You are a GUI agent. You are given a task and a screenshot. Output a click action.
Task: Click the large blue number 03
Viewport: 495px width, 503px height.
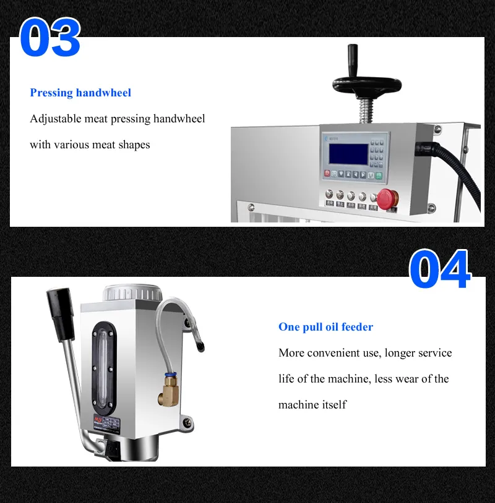pyautogui.click(x=49, y=38)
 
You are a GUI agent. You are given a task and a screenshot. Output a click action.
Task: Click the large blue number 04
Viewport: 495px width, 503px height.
pyautogui.click(x=440, y=270)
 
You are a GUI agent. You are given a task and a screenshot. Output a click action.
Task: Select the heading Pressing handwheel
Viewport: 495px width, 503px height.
pyautogui.click(x=80, y=93)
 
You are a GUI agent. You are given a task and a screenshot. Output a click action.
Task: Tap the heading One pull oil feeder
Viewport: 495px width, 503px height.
pyautogui.click(x=325, y=327)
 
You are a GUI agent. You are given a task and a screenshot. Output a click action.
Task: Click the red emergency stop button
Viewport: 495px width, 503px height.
pyautogui.click(x=387, y=198)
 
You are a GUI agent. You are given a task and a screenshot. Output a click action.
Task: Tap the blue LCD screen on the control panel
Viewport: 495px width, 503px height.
pyautogui.click(x=348, y=153)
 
